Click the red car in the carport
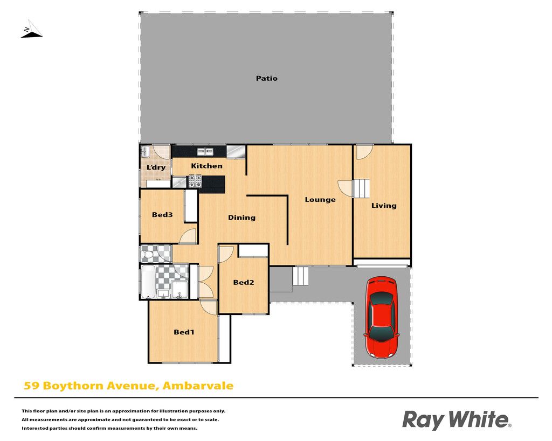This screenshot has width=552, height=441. pyautogui.click(x=382, y=317)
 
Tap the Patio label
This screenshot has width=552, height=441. pyautogui.click(x=266, y=79)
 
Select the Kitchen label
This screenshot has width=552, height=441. pyautogui.click(x=206, y=166)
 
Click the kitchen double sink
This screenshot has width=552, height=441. pyautogui.click(x=205, y=151)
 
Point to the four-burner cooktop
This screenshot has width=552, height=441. pyautogui.click(x=195, y=181)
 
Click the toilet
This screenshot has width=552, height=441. pyautogui.click(x=147, y=254)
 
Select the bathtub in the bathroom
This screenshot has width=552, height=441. pyautogui.click(x=148, y=282)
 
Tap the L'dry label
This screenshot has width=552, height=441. pyautogui.click(x=156, y=167)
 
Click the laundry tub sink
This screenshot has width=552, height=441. pyautogui.click(x=146, y=152)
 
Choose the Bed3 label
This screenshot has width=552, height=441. pyautogui.click(x=162, y=214)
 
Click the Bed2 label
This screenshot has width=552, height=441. pyautogui.click(x=244, y=282)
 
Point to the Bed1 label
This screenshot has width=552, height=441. pyautogui.click(x=184, y=332)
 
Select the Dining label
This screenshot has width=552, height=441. pyautogui.click(x=242, y=218)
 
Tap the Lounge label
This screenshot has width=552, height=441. pyautogui.click(x=320, y=200)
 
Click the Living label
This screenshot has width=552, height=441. pyautogui.click(x=384, y=206)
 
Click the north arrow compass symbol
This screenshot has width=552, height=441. pyautogui.click(x=31, y=30)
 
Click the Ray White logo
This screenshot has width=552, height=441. pyautogui.click(x=457, y=420)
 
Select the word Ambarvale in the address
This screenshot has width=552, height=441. pyautogui.click(x=198, y=386)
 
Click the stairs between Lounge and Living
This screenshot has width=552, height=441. pyautogui.click(x=361, y=188)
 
